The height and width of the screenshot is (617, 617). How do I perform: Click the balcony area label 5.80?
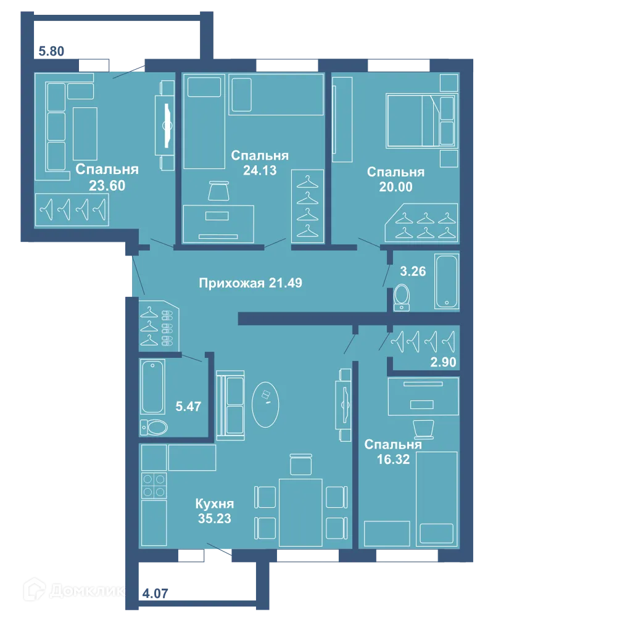point(51,51)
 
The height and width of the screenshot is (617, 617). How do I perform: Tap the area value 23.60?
point(107,185)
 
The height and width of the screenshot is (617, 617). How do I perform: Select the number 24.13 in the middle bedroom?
point(260,170)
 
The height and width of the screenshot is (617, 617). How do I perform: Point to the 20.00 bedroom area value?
point(395,186)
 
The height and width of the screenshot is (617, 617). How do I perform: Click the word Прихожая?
point(231,283)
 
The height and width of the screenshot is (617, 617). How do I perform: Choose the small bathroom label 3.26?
point(413,271)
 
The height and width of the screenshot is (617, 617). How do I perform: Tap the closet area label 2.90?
point(443,362)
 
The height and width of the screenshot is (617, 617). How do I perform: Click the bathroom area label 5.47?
point(188,406)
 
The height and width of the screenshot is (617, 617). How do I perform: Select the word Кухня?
point(215,503)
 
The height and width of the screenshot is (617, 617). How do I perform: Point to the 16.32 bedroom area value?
point(393,459)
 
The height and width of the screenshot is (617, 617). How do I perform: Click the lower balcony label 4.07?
point(155,593)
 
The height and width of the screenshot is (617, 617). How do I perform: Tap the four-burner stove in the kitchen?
point(154,486)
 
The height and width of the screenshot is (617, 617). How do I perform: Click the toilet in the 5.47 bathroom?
point(154,428)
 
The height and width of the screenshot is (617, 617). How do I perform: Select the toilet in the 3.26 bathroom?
point(402,297)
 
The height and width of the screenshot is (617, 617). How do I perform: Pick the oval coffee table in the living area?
point(265,404)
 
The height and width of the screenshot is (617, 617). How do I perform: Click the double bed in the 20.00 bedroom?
point(420,120)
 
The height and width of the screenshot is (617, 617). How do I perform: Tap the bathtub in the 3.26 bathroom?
point(447,281)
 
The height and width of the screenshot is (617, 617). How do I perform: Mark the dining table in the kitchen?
point(300,512)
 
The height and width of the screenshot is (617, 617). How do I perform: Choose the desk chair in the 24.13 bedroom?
point(218,191)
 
